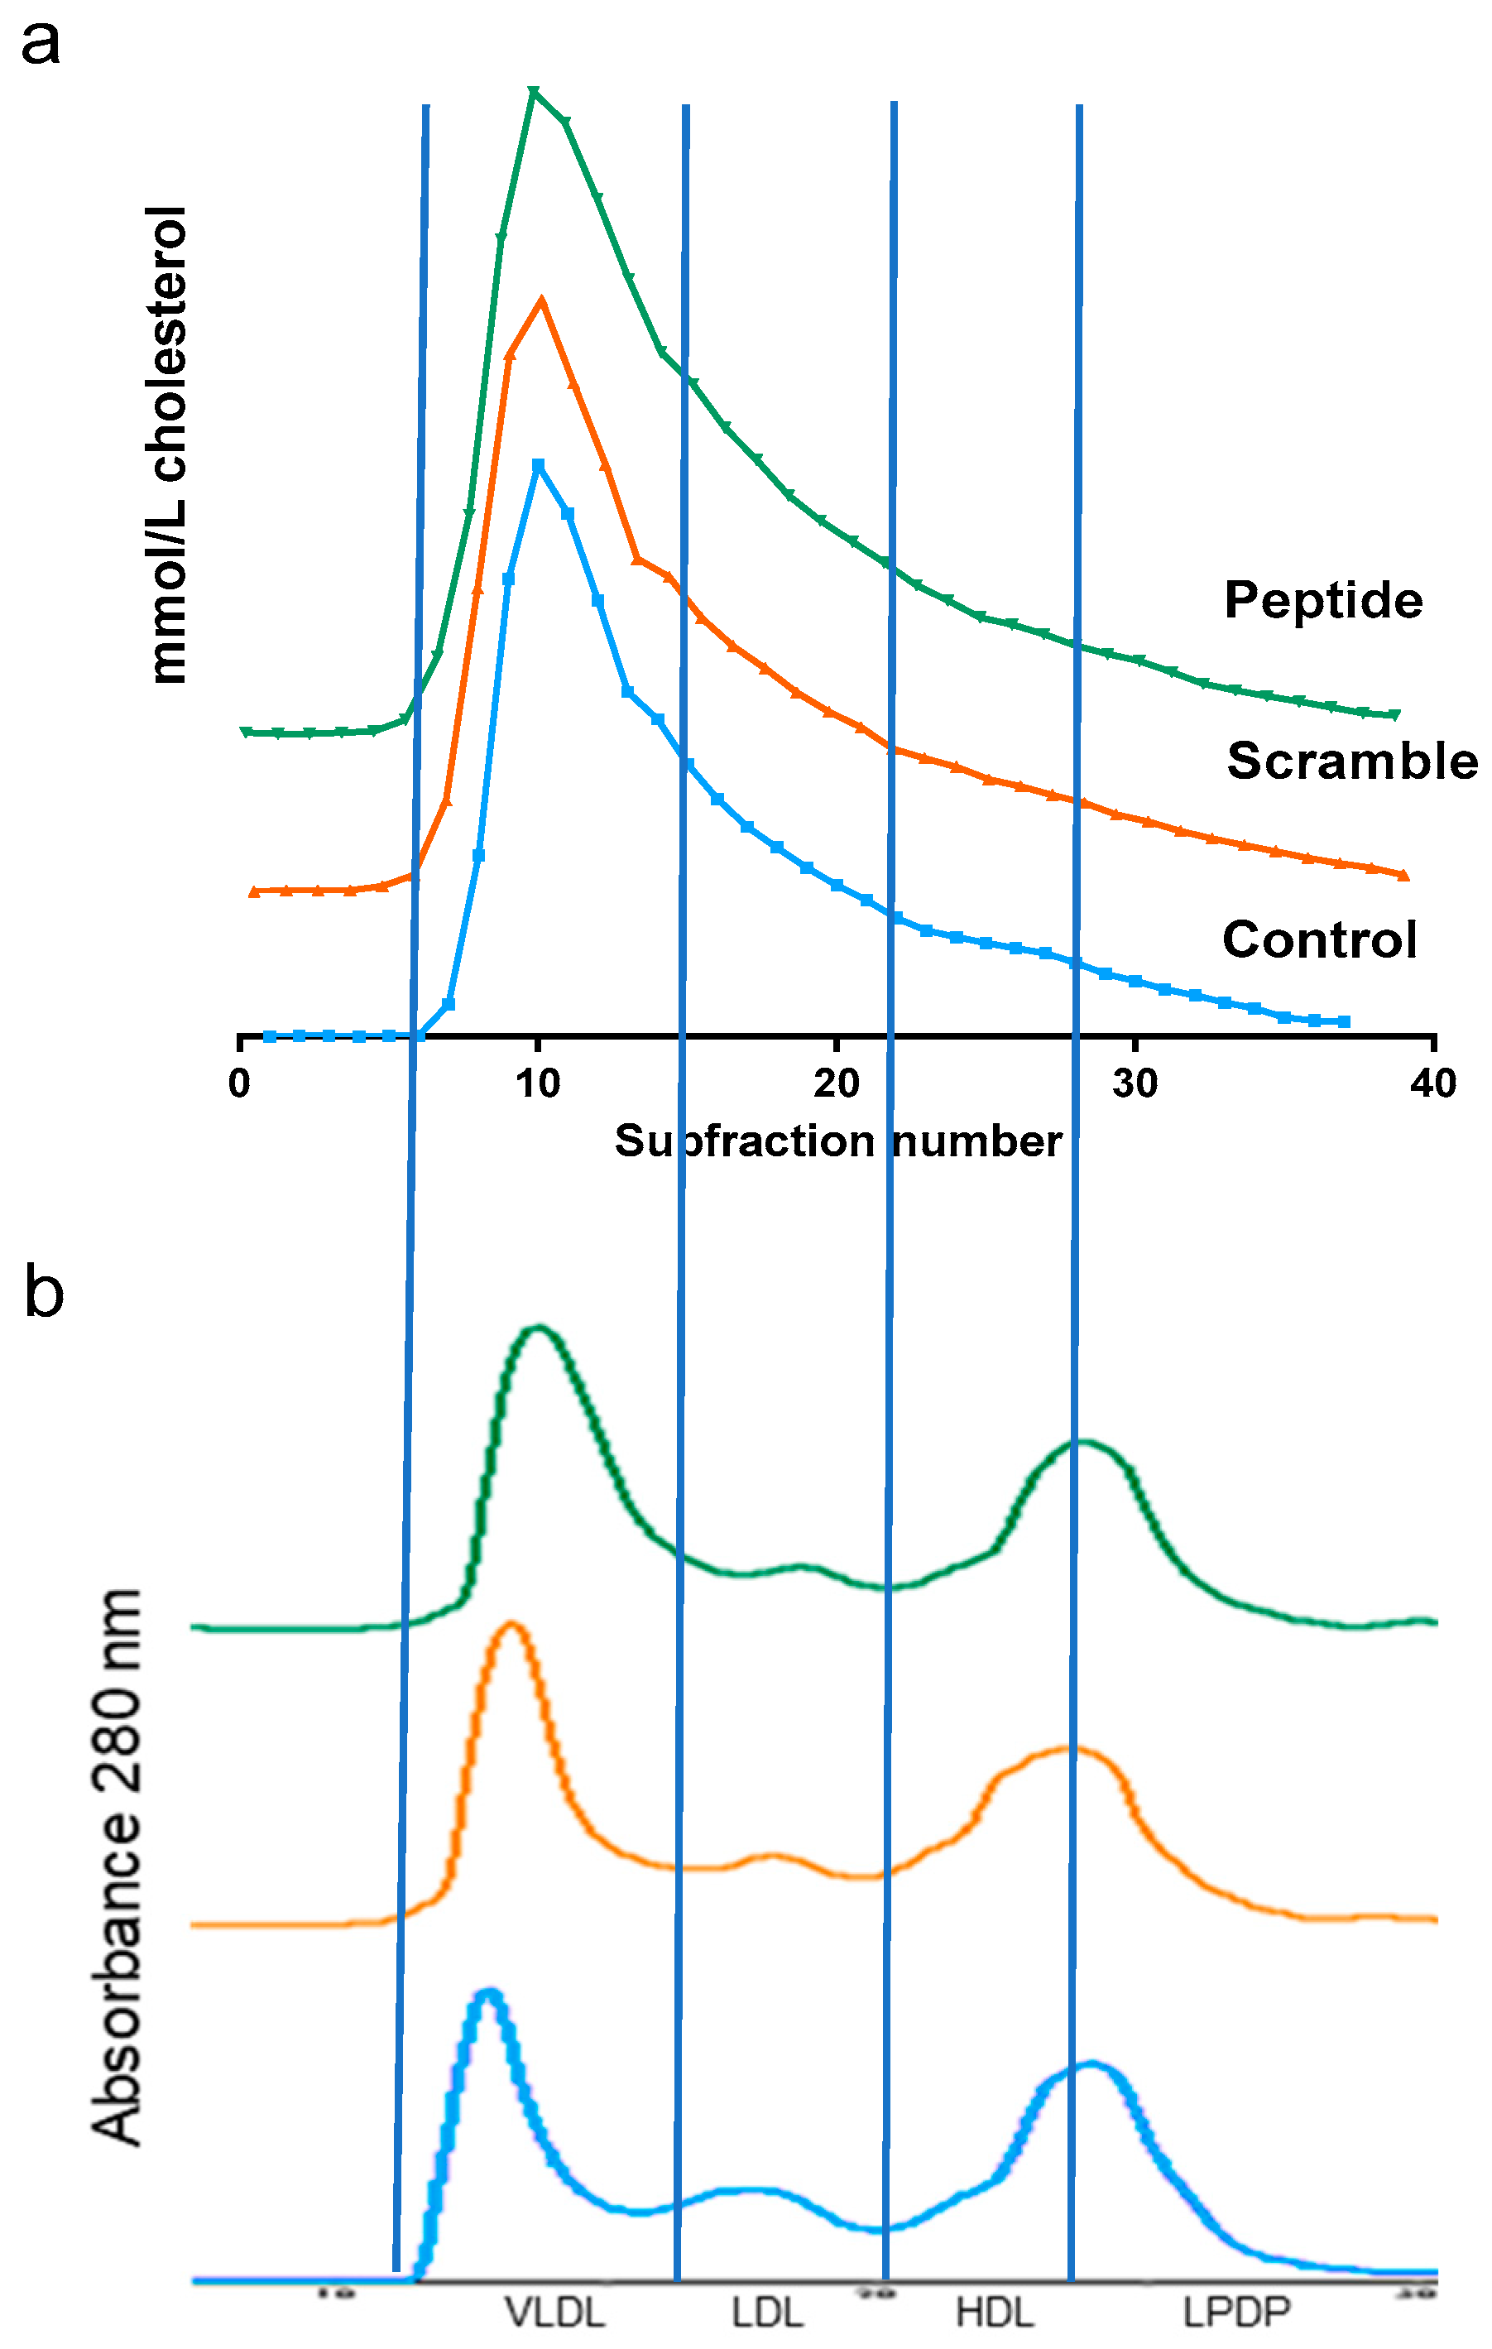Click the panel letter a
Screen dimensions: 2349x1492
[x=40, y=45]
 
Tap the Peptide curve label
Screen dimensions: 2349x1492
[x=1322, y=600]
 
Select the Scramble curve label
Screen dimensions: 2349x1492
[x=1351, y=761]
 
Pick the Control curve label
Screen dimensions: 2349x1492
[x=1318, y=940]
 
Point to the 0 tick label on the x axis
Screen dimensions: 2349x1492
[x=240, y=1083]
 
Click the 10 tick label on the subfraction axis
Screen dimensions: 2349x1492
[x=537, y=1083]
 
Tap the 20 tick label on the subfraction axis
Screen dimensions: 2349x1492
[x=837, y=1083]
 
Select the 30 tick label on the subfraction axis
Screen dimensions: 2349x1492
[x=1135, y=1083]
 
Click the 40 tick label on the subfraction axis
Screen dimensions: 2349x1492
[x=1432, y=1083]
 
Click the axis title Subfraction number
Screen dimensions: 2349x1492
[x=837, y=1141]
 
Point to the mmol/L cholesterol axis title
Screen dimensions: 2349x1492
[x=168, y=444]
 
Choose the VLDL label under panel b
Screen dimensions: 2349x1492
[x=554, y=2313]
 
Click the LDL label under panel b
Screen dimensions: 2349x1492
[x=767, y=2313]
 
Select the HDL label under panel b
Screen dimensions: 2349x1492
[x=995, y=2313]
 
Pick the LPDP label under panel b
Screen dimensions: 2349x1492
[x=1236, y=2313]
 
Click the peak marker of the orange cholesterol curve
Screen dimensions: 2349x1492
[x=541, y=301]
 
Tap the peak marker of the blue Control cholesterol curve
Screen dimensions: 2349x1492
[x=538, y=465]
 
